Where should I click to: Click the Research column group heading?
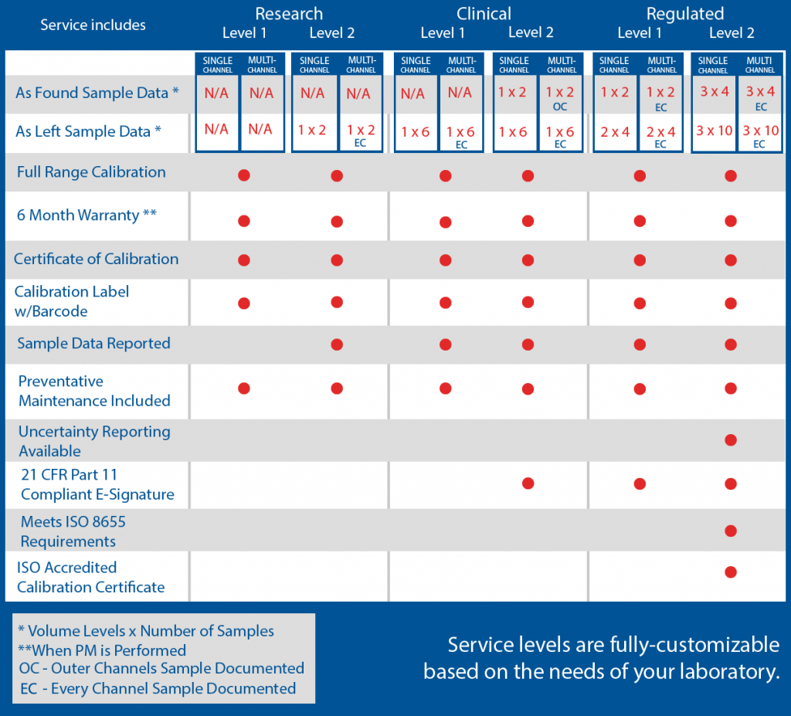(289, 14)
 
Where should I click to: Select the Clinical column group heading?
(484, 14)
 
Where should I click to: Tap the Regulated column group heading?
(685, 14)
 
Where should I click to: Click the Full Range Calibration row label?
(91, 171)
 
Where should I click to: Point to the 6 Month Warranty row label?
(87, 215)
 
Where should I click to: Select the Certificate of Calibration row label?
(96, 259)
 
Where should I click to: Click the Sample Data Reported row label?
(93, 344)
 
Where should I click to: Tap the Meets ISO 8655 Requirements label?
(73, 531)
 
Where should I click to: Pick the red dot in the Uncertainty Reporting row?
(730, 440)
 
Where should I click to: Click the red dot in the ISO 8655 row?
(730, 531)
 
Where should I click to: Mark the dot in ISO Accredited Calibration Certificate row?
(730, 572)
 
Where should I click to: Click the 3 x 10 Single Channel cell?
(714, 131)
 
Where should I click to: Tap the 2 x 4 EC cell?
(660, 135)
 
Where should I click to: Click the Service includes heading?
(93, 25)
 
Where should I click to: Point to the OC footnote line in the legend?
(160, 668)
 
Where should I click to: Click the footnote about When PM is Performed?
(101, 650)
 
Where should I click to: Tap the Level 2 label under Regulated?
(732, 32)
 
